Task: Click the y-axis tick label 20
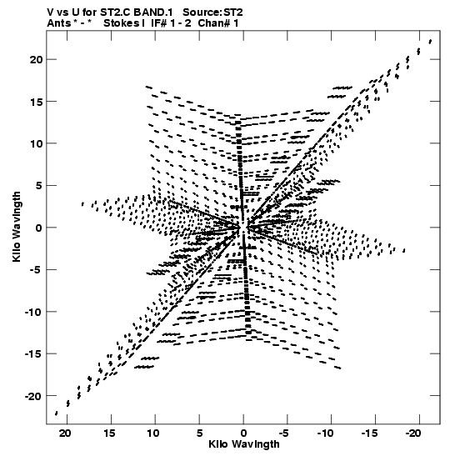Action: pyautogui.click(x=36, y=59)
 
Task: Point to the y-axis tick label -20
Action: pyautogui.click(x=33, y=396)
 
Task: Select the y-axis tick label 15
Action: pyautogui.click(x=36, y=102)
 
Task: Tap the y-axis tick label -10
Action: pyautogui.click(x=33, y=312)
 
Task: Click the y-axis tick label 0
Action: pyautogui.click(x=38, y=228)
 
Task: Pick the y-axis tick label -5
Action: pyautogui.click(x=36, y=270)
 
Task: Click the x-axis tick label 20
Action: pyautogui.click(x=65, y=433)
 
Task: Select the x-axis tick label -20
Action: pyautogui.click(x=413, y=433)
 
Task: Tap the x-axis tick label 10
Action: pyautogui.click(x=153, y=433)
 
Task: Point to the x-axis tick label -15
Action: pyautogui.click(x=369, y=433)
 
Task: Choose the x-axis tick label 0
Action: pyautogui.click(x=243, y=433)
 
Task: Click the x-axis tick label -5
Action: pyautogui.click(x=283, y=433)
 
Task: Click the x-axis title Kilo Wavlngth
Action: pyautogui.click(x=244, y=444)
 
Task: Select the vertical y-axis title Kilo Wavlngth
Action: pyautogui.click(x=17, y=227)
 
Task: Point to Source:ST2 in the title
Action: pyautogui.click(x=212, y=13)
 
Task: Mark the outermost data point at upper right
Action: pyautogui.click(x=430, y=42)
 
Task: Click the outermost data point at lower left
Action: pyautogui.click(x=56, y=413)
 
